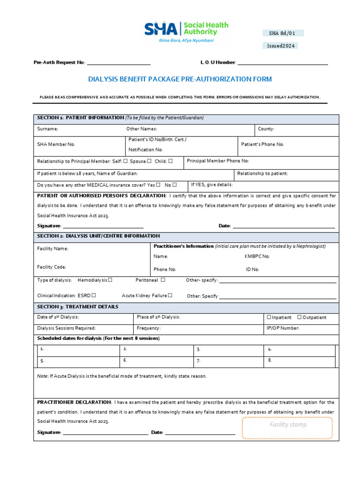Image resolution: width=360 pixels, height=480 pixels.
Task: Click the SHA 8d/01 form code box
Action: (x=283, y=33)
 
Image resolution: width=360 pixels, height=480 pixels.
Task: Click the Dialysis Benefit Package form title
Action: (x=180, y=79)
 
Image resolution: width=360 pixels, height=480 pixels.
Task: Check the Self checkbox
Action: (x=126, y=161)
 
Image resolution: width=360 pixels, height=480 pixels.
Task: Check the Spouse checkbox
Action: (x=149, y=161)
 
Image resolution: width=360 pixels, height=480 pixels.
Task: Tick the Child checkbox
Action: (x=171, y=161)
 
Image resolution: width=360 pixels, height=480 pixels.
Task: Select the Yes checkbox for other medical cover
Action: (x=158, y=185)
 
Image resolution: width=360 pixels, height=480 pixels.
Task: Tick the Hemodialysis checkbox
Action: (x=110, y=280)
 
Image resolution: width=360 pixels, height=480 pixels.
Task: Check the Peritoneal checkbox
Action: (x=163, y=280)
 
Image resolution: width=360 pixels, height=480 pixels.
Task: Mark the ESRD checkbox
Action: (x=94, y=295)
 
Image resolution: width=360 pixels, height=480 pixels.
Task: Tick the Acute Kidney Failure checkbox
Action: (x=170, y=295)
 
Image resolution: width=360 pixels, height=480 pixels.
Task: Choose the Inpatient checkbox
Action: (x=269, y=317)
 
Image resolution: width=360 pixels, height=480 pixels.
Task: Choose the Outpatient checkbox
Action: (x=300, y=317)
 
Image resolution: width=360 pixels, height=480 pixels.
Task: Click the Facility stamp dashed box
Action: (x=287, y=427)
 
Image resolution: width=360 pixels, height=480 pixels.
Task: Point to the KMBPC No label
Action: (x=257, y=256)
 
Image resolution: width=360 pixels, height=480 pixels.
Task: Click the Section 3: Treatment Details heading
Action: (x=78, y=307)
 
